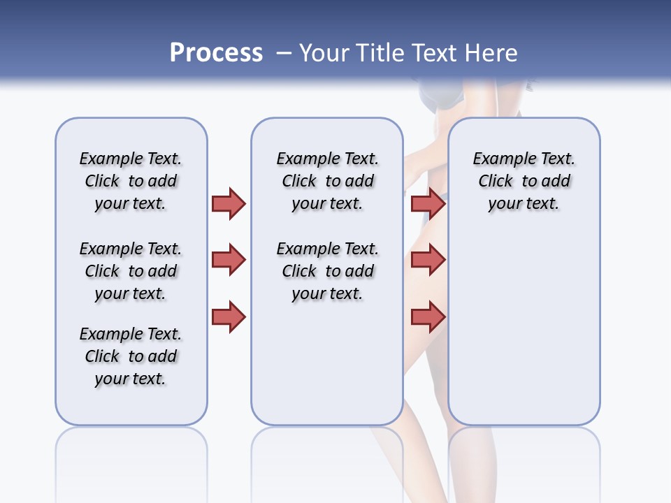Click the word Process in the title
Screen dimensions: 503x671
click(x=216, y=53)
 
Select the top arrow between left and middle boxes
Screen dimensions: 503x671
click(x=229, y=203)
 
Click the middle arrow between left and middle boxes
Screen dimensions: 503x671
click(x=229, y=260)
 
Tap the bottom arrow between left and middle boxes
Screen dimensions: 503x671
click(x=229, y=317)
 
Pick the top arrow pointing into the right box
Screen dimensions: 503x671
click(x=428, y=203)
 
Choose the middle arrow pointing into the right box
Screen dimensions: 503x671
click(x=428, y=260)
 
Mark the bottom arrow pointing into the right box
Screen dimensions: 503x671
click(x=428, y=317)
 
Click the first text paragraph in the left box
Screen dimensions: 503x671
click(x=131, y=181)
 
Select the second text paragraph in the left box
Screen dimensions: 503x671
click(x=131, y=271)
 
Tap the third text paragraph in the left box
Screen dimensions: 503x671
click(x=131, y=356)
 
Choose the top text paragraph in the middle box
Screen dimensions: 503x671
click(x=327, y=181)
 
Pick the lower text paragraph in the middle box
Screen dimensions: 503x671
click(x=327, y=271)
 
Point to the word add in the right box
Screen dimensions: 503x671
click(x=556, y=181)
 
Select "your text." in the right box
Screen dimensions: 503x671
click(x=524, y=204)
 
